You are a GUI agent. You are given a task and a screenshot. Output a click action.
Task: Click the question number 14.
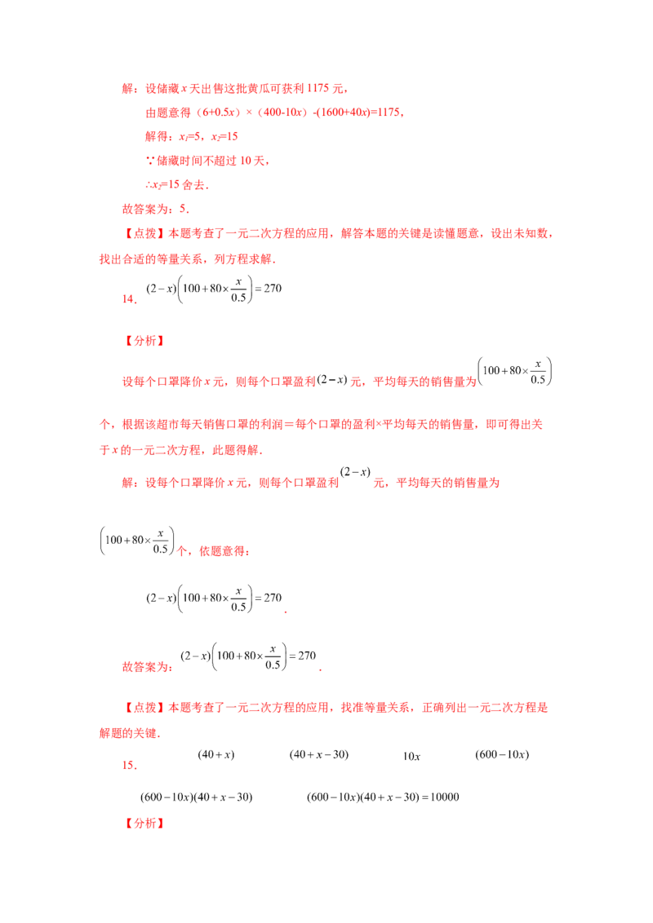[129, 299]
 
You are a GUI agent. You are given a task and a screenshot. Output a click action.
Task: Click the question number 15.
[129, 766]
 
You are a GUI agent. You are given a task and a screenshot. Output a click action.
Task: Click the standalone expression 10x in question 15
[411, 757]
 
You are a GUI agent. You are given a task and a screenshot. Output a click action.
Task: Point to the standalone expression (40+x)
[215, 755]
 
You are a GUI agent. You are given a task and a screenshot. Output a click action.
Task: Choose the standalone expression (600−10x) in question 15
[502, 755]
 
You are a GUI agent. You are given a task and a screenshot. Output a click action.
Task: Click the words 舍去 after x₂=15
[193, 185]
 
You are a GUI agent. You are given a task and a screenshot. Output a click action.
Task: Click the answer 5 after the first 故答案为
[183, 209]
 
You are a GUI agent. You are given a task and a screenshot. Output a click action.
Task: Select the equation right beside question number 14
[214, 289]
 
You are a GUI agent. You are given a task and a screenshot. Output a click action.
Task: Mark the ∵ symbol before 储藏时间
[150, 161]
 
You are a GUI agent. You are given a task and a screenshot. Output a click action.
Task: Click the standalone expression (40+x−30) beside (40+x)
[319, 755]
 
